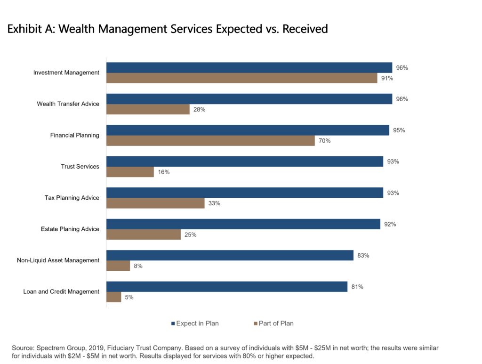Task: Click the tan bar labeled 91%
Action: (x=241, y=78)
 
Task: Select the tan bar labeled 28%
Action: (x=148, y=110)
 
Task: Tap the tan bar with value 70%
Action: (x=210, y=141)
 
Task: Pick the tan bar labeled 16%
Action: (x=130, y=172)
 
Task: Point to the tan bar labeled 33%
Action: (x=155, y=203)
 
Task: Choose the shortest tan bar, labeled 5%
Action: (x=113, y=298)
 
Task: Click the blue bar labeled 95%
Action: (x=248, y=130)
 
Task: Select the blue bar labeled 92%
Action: (x=243, y=224)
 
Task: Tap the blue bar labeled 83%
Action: (x=230, y=255)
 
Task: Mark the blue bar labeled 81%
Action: (x=227, y=287)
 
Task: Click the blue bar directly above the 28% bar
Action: (x=249, y=99)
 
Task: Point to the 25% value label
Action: (x=190, y=235)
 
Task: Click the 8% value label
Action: (x=138, y=266)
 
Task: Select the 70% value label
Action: (x=324, y=141)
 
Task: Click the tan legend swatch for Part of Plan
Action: (x=256, y=324)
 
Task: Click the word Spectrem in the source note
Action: (x=51, y=348)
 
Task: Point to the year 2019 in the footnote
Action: (x=96, y=348)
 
